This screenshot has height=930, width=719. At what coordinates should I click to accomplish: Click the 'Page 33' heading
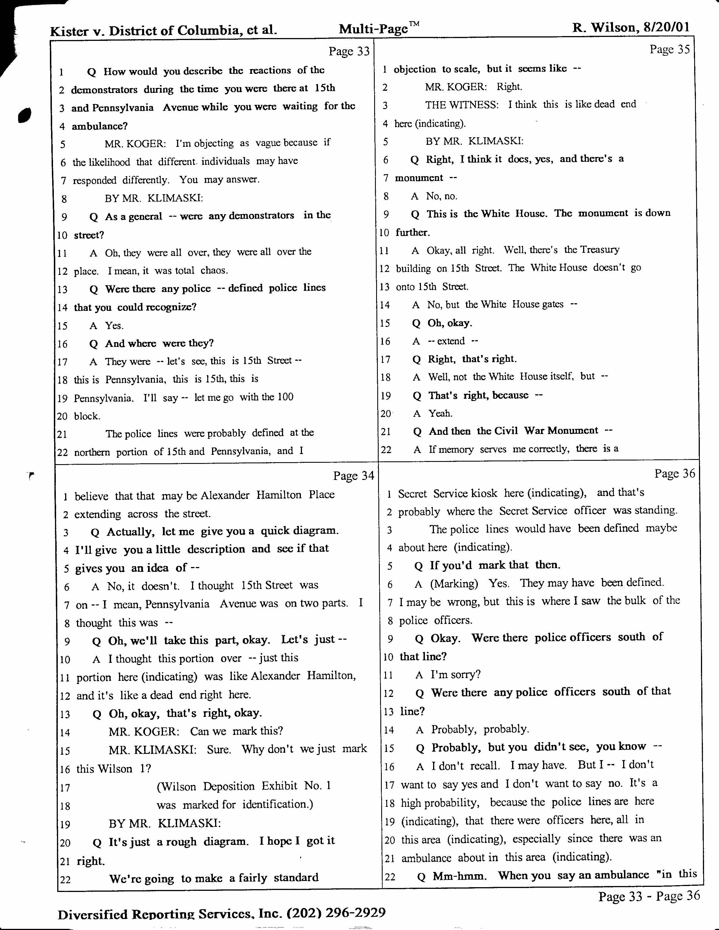tap(349, 52)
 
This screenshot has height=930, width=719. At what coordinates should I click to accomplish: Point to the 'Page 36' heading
tap(675, 473)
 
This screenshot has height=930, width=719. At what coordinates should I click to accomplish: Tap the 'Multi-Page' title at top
tap(374, 29)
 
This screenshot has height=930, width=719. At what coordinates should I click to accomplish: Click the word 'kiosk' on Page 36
tap(484, 493)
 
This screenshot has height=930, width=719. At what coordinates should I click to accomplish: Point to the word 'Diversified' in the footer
tap(92, 914)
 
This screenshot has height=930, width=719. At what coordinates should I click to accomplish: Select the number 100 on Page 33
tap(285, 397)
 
